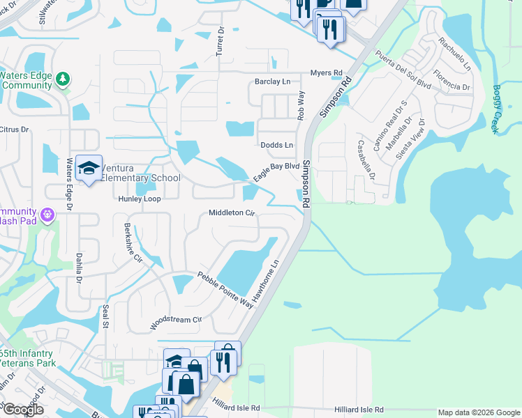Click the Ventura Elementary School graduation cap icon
[x=89, y=168]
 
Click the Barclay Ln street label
[x=272, y=82]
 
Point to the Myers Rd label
[x=327, y=72]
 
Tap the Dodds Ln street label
[x=277, y=145]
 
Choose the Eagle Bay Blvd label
[x=276, y=171]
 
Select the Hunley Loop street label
[x=140, y=199]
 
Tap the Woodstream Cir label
[x=175, y=323]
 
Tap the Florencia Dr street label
[x=451, y=81]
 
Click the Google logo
[x=22, y=410]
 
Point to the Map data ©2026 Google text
[x=479, y=412]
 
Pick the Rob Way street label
[x=301, y=105]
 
